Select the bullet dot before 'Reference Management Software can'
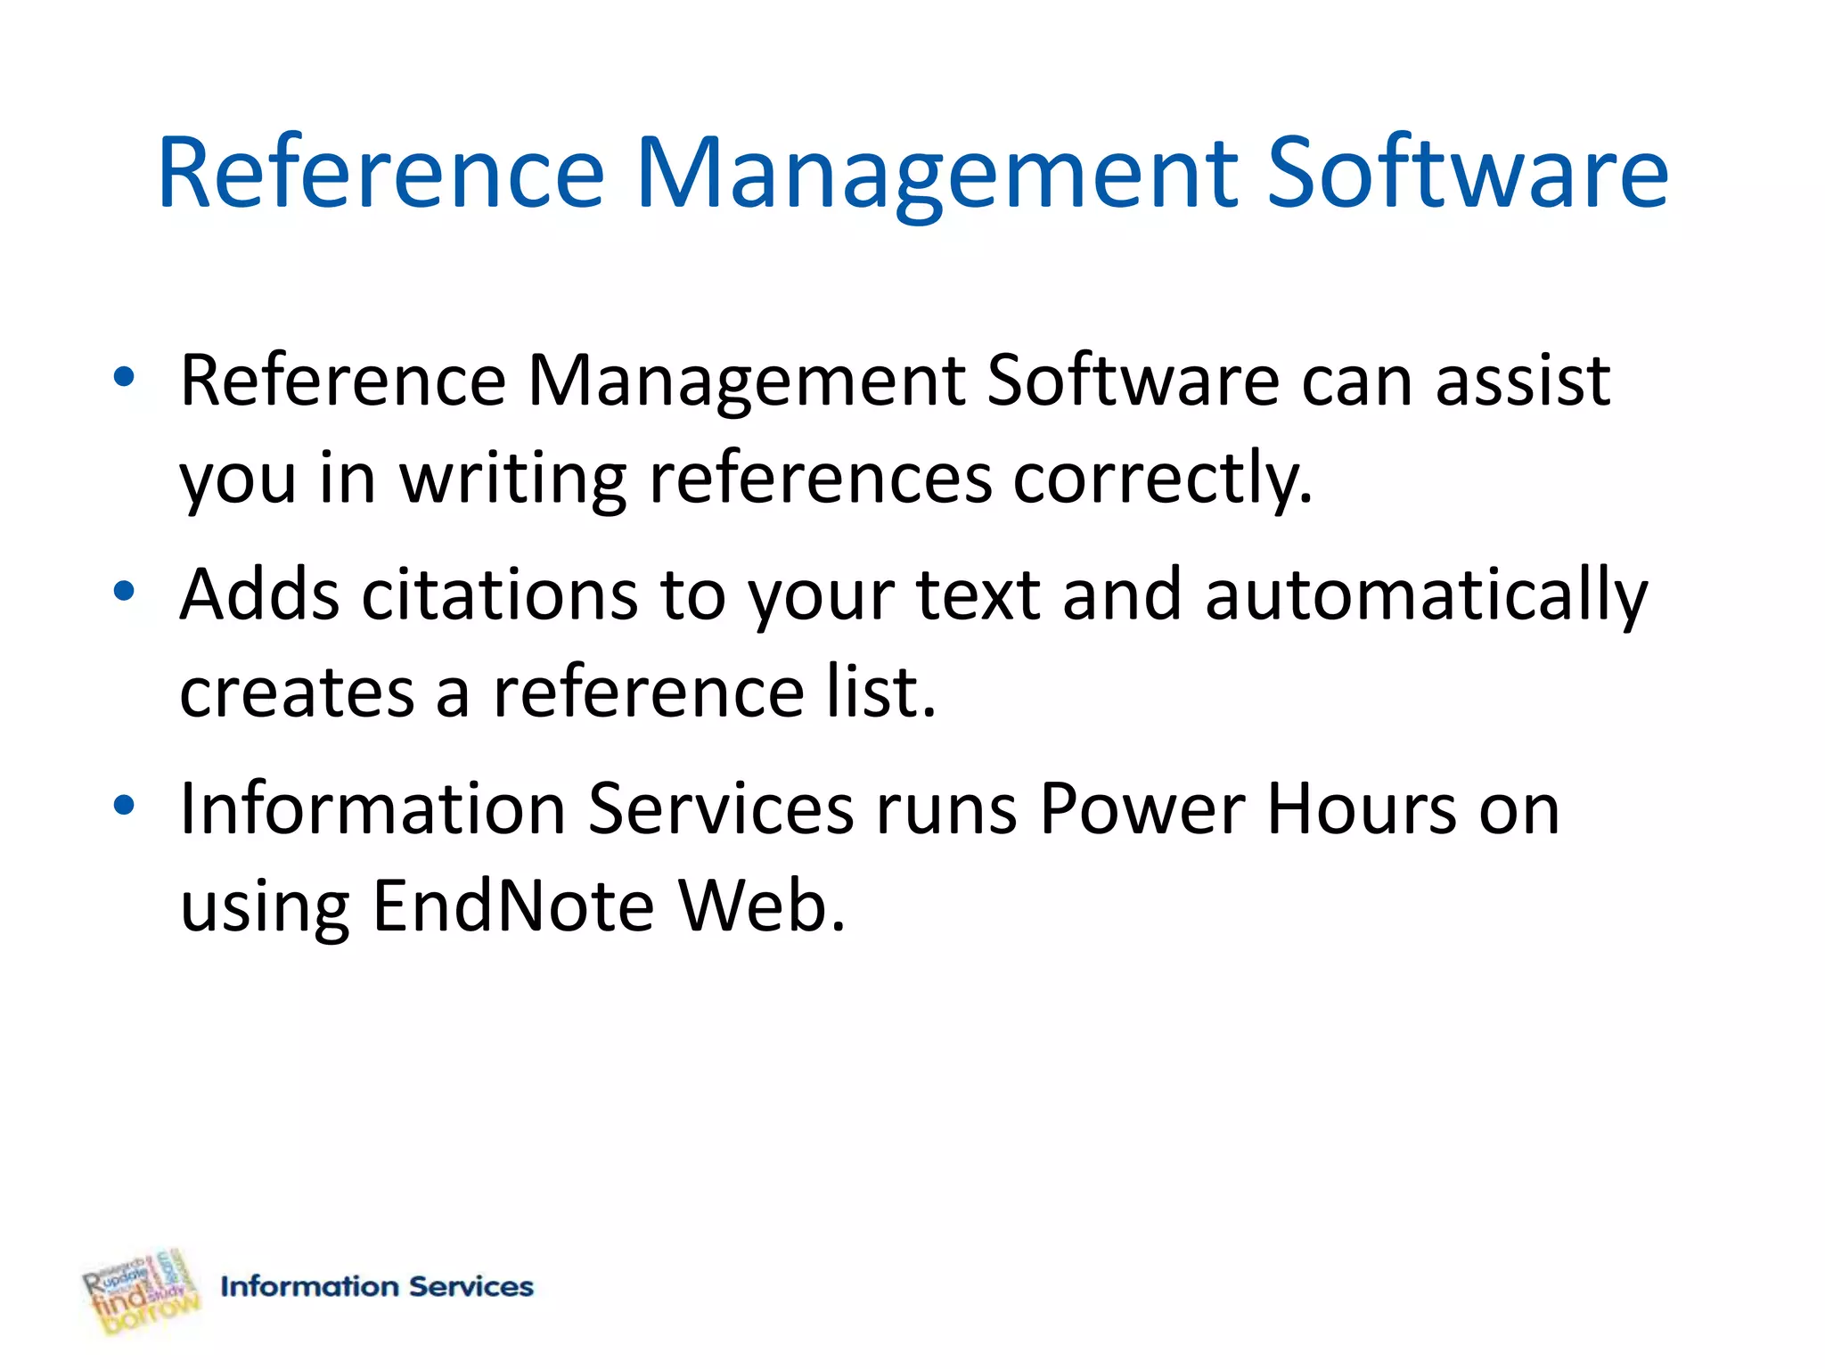pos(124,378)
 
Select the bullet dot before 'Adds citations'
pos(124,591)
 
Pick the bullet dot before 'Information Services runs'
pos(124,805)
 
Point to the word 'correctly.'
pos(1163,479)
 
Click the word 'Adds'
pos(258,594)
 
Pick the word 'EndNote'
pos(513,906)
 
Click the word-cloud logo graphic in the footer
pos(141,1291)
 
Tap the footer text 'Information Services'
pos(377,1286)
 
